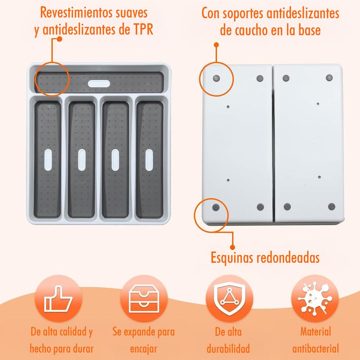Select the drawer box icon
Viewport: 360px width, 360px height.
point(144,299)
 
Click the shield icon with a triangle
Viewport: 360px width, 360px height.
point(229,299)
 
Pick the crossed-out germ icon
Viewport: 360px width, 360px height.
point(315,298)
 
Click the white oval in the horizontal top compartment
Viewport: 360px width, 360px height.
point(99,84)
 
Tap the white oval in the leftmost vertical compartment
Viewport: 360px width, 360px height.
point(48,160)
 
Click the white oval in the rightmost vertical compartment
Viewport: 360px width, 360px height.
point(149,160)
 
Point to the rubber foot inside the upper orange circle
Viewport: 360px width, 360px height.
point(216,78)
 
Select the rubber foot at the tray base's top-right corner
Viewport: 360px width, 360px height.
point(329,77)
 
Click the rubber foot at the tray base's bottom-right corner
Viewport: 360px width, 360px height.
point(332,207)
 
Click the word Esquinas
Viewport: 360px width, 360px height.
point(231,258)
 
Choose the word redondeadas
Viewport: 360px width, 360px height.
point(288,257)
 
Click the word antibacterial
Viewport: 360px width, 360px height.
point(315,348)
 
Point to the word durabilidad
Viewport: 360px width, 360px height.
point(228,348)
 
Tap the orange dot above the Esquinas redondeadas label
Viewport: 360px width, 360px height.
point(232,247)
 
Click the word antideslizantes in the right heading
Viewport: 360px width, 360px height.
point(303,13)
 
